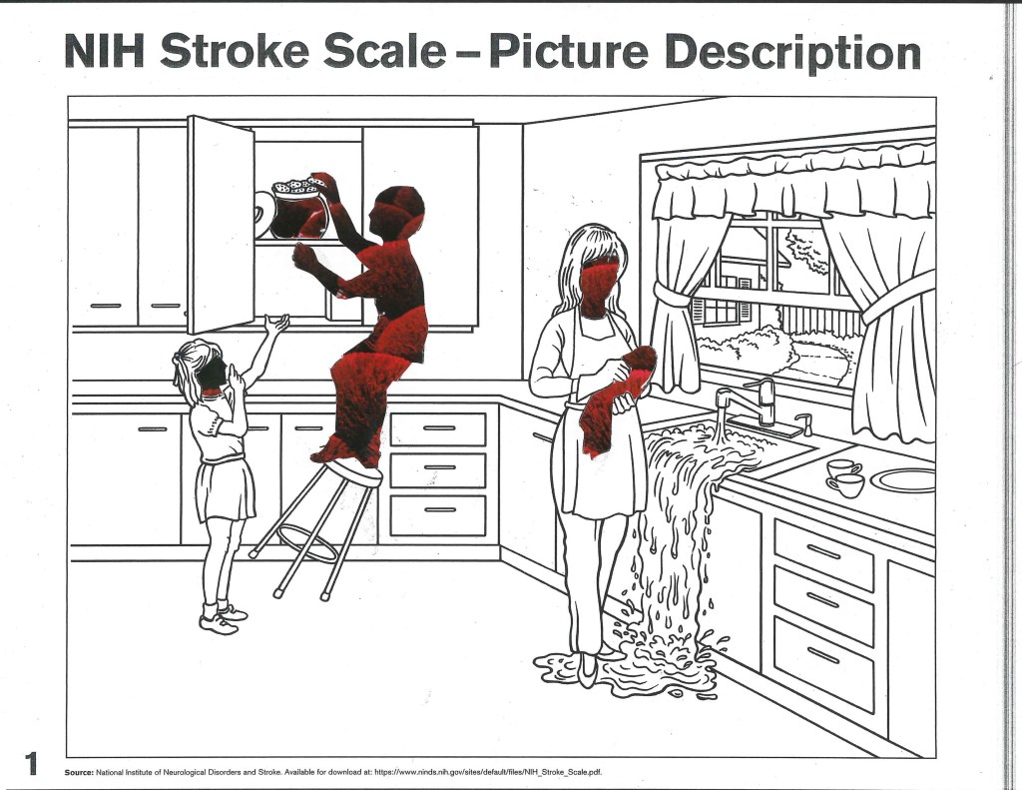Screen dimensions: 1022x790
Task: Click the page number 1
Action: point(31,763)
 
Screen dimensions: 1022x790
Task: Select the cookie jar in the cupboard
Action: point(300,209)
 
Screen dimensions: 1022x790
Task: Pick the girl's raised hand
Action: point(277,324)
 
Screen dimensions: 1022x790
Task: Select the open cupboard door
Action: point(221,225)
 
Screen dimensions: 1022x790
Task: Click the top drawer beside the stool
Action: point(438,428)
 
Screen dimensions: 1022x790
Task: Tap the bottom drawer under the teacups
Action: point(823,663)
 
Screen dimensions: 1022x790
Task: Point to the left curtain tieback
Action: point(672,295)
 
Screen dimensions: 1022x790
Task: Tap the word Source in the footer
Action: point(79,772)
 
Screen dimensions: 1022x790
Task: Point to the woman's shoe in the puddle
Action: point(587,669)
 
